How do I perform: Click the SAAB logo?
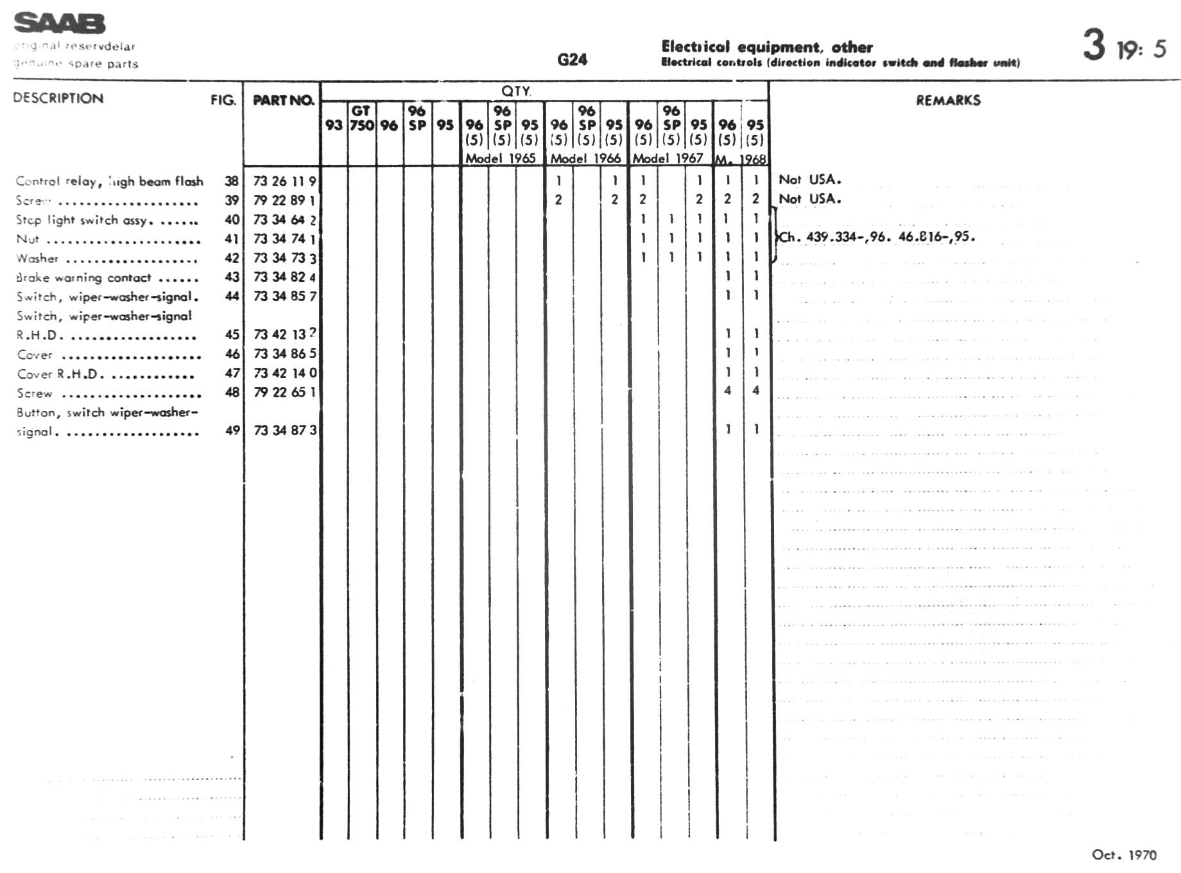(59, 23)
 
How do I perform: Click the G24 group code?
(572, 60)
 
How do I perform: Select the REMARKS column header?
(948, 100)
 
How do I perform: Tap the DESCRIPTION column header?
(58, 98)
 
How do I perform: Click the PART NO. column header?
(283, 100)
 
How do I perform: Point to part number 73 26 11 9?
(284, 181)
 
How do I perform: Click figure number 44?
(232, 296)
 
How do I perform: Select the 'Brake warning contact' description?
(83, 277)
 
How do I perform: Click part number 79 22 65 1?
(284, 392)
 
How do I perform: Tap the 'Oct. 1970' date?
(1124, 854)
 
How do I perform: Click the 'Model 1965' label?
(500, 158)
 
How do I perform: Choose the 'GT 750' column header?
(361, 118)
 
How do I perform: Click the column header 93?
(334, 125)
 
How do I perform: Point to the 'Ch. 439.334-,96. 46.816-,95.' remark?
(877, 237)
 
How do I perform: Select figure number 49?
(232, 430)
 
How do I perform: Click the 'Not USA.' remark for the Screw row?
(809, 199)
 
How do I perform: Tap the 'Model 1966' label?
(585, 158)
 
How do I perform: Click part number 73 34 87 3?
(284, 430)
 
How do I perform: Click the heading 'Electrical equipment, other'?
(766, 47)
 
